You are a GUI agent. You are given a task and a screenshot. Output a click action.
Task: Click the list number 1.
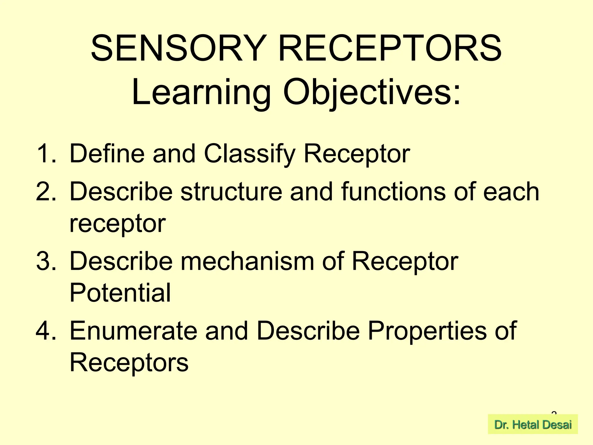46,154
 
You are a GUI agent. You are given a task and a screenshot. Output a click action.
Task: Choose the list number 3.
46,261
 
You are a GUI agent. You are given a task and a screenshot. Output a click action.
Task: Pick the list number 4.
46,331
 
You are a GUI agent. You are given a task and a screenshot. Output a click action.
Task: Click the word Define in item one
107,154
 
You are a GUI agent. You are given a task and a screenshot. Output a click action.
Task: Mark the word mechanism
248,261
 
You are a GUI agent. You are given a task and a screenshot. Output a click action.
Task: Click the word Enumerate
133,331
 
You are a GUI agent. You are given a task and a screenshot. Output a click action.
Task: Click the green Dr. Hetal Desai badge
533,425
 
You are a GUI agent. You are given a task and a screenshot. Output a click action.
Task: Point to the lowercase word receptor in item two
118,223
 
